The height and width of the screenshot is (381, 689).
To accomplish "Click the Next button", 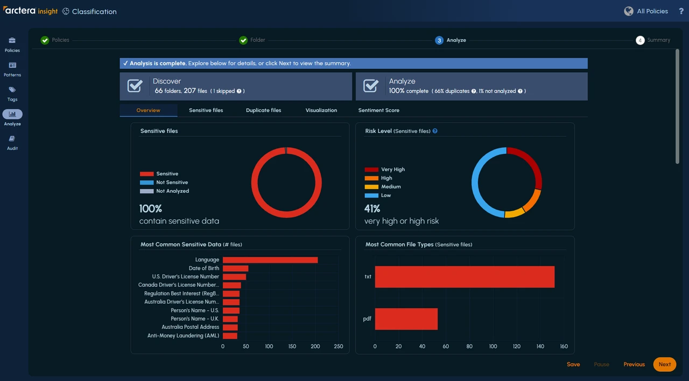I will click(x=664, y=364).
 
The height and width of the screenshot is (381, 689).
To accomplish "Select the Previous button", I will click(x=634, y=364).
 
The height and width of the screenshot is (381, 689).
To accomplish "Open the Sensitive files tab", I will click(x=206, y=110).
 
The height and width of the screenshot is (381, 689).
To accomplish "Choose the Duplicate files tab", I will click(x=263, y=110).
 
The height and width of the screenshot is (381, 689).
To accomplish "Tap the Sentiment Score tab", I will click(x=378, y=110).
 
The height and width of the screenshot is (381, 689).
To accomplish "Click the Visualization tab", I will click(x=321, y=110).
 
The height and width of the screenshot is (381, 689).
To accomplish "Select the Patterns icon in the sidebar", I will click(x=12, y=66).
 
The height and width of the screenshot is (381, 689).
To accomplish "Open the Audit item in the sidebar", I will click(x=12, y=139).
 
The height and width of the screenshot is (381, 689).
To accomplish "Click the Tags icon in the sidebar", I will click(x=12, y=90).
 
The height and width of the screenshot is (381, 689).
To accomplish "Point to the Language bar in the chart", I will click(x=270, y=260).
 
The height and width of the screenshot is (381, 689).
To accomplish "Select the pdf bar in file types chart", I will click(x=406, y=319).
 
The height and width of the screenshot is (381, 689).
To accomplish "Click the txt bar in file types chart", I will click(x=464, y=277).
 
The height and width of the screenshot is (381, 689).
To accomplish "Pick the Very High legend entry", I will click(x=384, y=170).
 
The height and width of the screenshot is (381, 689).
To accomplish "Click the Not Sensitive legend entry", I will click(x=164, y=182).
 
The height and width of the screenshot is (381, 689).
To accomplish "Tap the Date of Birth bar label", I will click(x=203, y=268).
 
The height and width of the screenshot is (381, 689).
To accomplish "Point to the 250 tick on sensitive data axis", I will click(x=339, y=347).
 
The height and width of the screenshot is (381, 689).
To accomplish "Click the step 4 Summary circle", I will click(x=639, y=40).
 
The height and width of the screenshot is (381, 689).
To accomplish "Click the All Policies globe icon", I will click(x=628, y=11).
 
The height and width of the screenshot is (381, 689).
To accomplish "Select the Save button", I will click(x=573, y=364).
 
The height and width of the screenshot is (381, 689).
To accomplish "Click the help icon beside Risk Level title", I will click(x=435, y=131).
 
